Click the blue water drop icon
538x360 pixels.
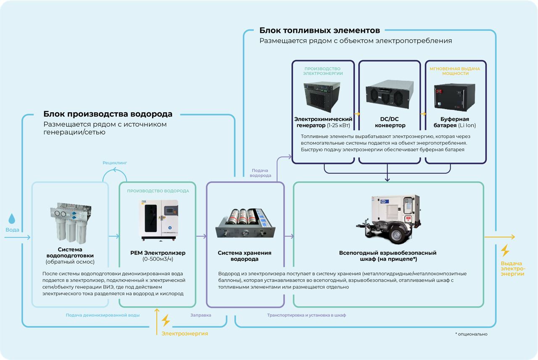pos(12,218)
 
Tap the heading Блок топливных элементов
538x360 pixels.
pos(320,31)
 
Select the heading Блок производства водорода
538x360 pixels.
pos(108,114)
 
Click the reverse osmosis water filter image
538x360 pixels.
pos(71,223)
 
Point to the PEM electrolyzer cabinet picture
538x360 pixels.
pos(158,220)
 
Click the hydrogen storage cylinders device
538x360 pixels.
pos(245,223)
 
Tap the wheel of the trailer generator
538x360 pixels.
pos(396,234)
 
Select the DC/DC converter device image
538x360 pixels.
pos(390,95)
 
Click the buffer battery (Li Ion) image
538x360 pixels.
pos(455,97)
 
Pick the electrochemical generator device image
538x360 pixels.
pos(322,97)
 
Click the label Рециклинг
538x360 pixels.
pos(115,163)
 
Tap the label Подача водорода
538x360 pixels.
pos(260,173)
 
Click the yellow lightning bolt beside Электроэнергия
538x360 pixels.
pos(166,320)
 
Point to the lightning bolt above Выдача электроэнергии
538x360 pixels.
pos(505,251)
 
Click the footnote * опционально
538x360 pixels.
pos(471,334)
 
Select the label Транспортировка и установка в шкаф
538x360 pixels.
pos(306,315)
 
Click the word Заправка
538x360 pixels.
pos(201,315)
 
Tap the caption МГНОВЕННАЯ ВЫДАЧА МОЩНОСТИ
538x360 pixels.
pos(455,71)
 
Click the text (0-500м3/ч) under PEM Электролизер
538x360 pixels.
pos(158,259)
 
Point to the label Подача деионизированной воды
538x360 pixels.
pos(103,315)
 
